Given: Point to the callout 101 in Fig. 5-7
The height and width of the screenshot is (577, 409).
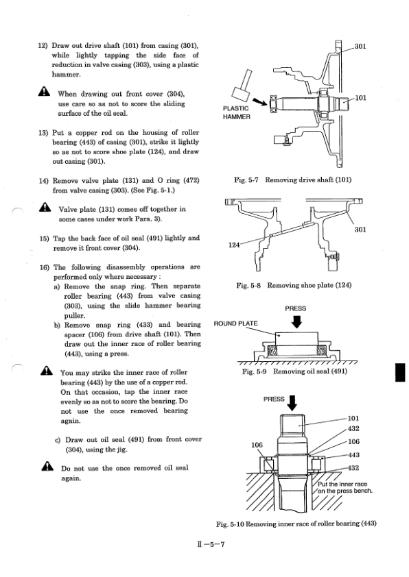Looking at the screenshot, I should pos(362,98).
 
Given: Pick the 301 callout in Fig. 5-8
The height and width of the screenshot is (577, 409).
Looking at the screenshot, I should pos(362,230).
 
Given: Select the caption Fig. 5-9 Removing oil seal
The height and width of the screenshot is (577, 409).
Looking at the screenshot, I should pos(295,371).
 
